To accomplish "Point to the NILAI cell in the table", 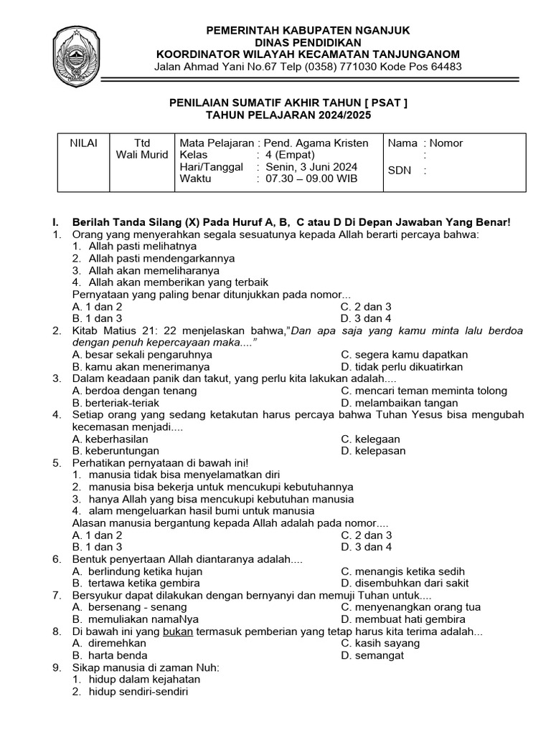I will (x=83, y=143).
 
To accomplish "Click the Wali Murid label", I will (x=142, y=155).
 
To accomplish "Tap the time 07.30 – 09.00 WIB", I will (x=311, y=179).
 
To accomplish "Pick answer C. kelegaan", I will (x=370, y=439).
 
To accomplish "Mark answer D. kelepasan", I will (x=373, y=451).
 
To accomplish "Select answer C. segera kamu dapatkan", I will (x=404, y=354).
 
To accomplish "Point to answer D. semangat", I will (x=372, y=654).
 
